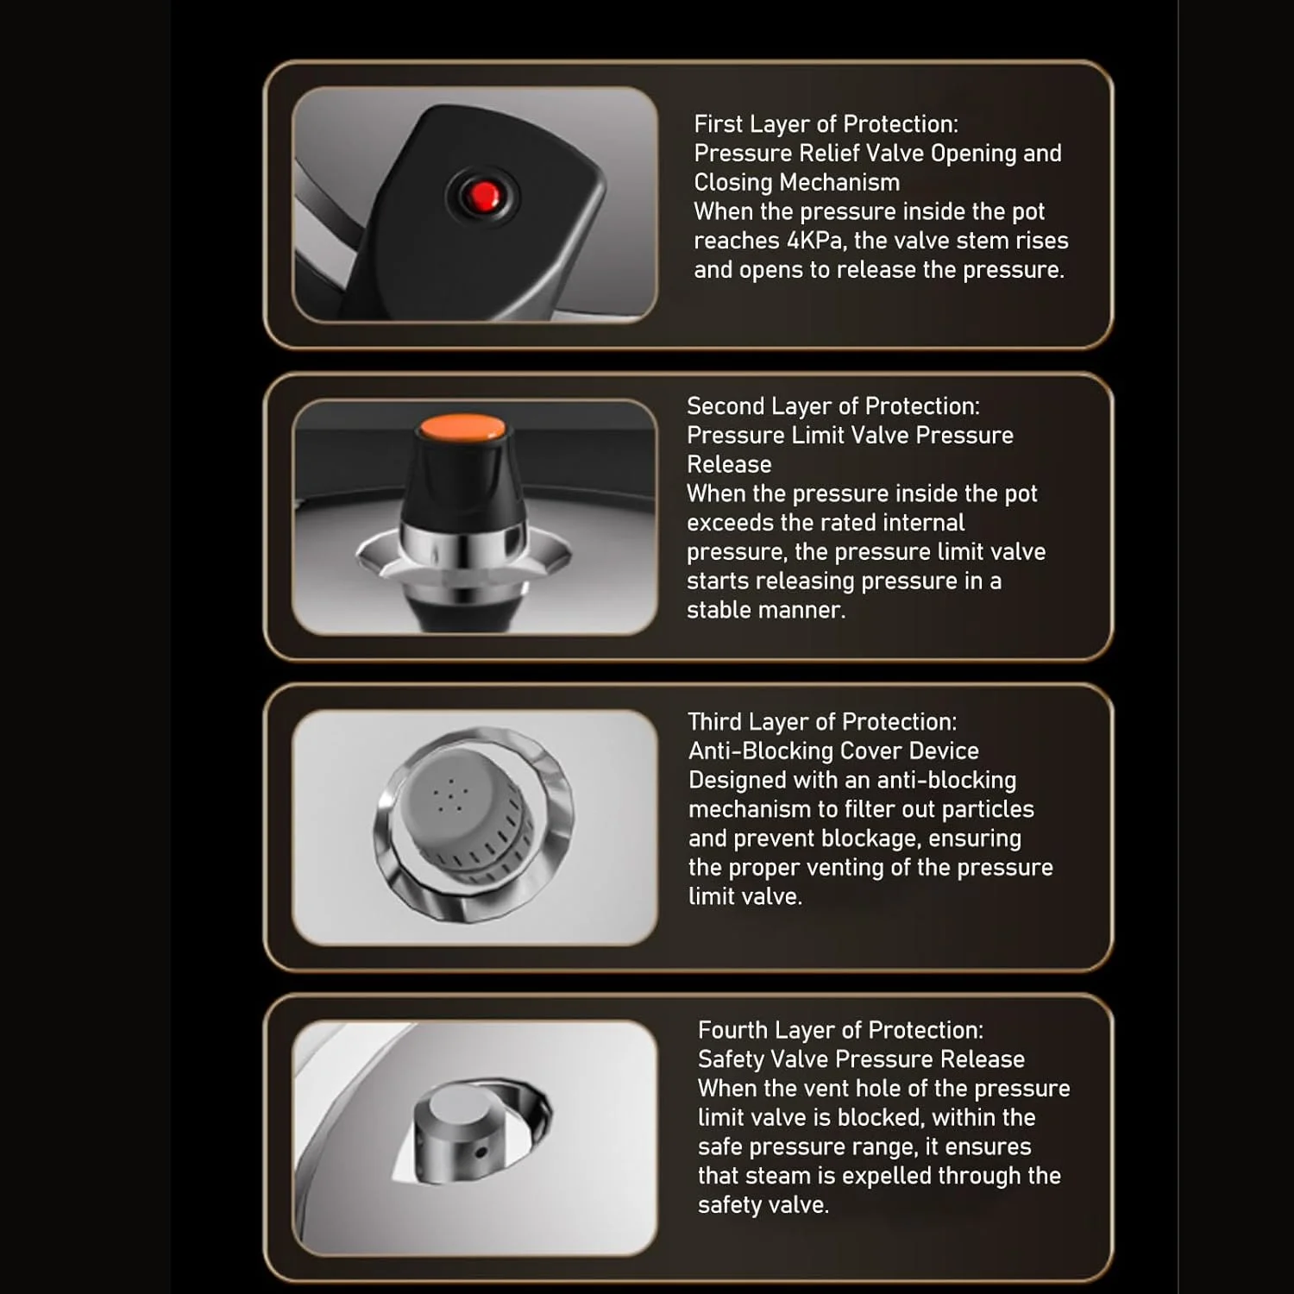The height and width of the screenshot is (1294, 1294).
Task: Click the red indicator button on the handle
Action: click(483, 197)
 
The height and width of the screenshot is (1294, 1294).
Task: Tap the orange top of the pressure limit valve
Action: click(462, 427)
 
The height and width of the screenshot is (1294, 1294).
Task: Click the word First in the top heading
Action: click(719, 124)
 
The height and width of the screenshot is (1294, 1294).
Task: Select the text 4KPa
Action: click(814, 241)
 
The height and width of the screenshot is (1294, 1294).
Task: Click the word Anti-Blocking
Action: click(761, 751)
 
